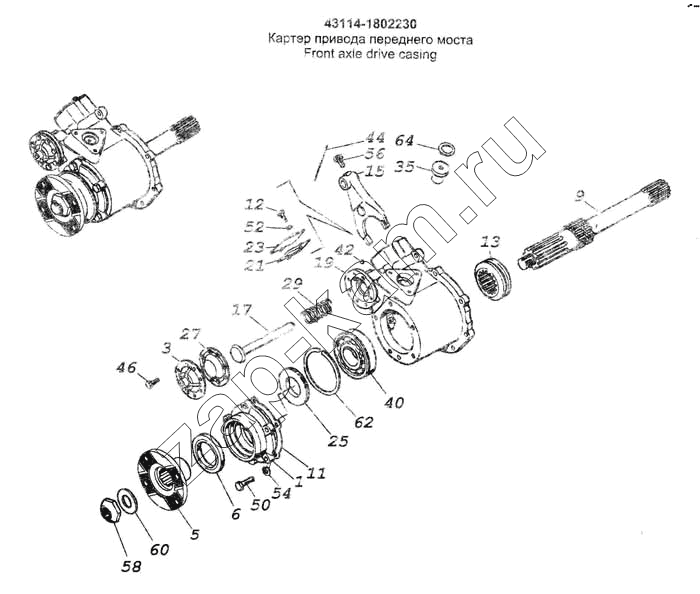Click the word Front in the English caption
(319, 55)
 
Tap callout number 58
(132, 567)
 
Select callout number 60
(160, 549)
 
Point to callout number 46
(126, 369)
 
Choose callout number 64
(404, 140)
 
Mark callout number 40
(394, 403)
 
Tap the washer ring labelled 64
(446, 148)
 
